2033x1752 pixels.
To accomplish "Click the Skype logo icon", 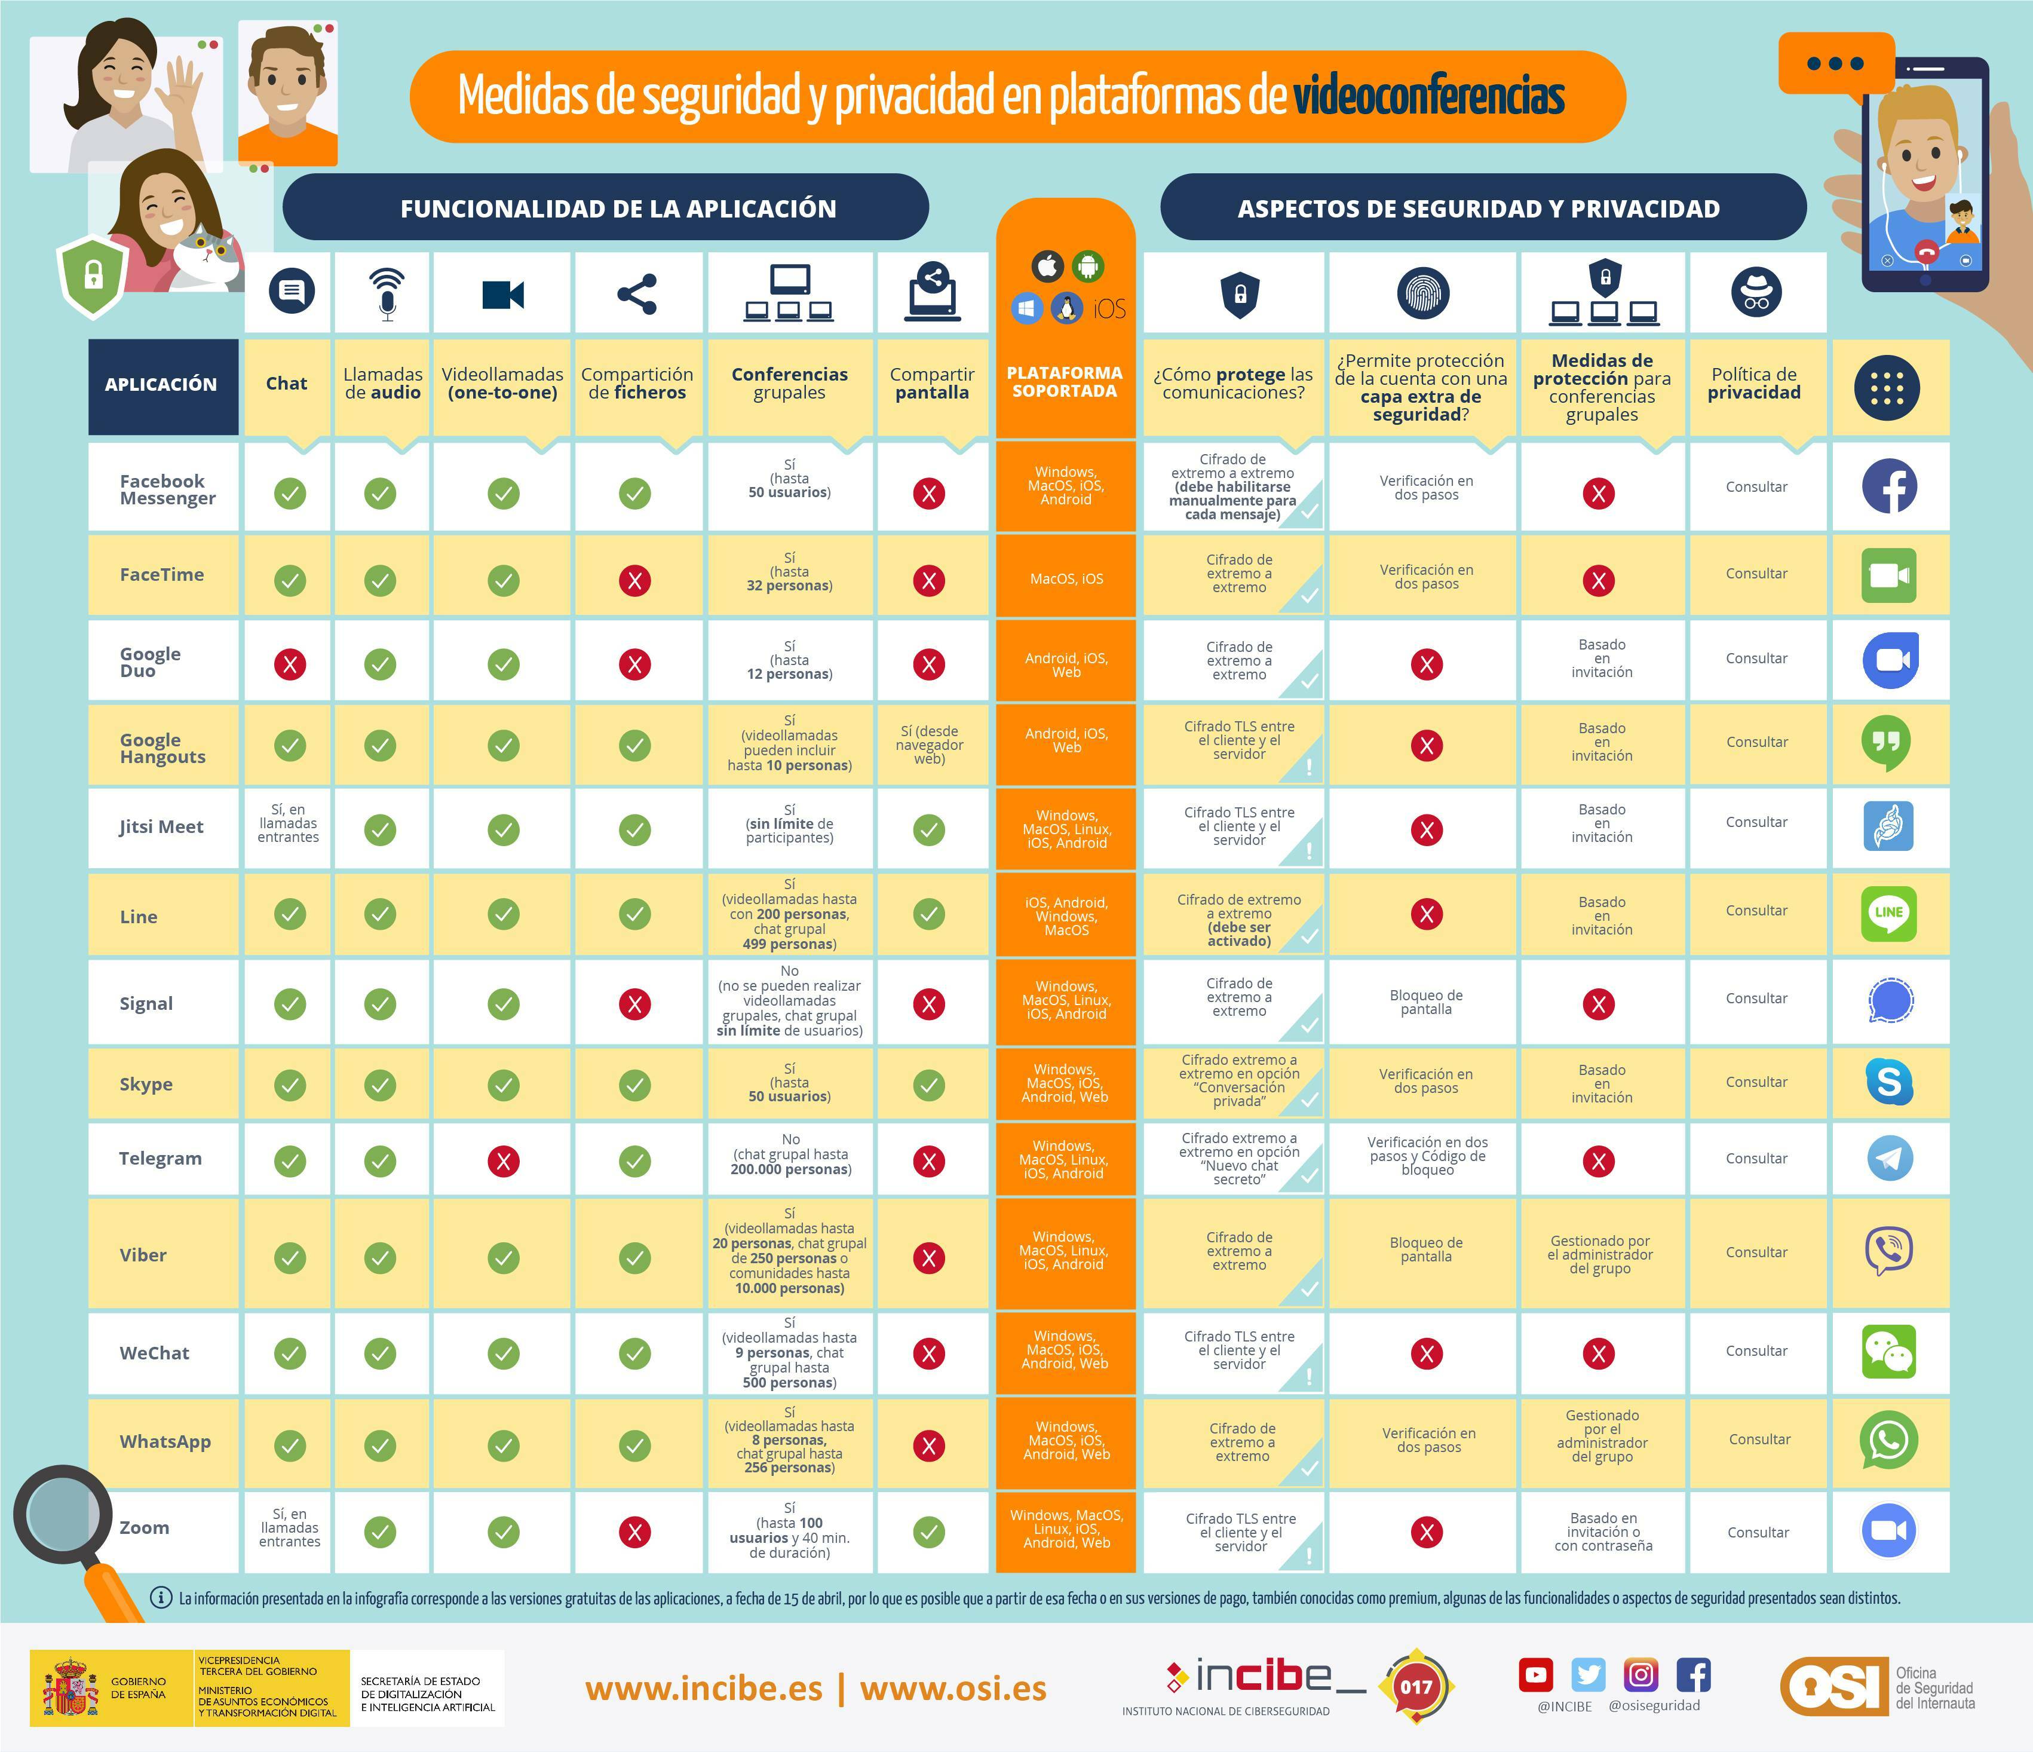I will [x=1889, y=1082].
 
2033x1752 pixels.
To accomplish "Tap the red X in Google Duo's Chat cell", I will [x=290, y=664].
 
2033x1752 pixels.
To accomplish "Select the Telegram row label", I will [x=160, y=1158].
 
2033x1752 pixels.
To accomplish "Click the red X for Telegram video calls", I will [x=504, y=1161].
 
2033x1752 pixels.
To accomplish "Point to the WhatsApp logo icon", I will [x=1889, y=1440].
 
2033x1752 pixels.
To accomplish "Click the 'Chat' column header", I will [x=287, y=384].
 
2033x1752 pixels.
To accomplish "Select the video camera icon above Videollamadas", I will [x=504, y=295].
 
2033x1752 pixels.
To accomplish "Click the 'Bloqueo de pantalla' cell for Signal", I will [x=1425, y=1002].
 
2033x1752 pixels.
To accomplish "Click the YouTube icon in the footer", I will [x=1535, y=1674].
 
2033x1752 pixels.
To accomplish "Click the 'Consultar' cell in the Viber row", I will [x=1756, y=1252].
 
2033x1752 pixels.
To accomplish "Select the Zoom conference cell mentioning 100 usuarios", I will [x=790, y=1531].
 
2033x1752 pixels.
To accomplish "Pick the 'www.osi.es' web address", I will [x=953, y=1688].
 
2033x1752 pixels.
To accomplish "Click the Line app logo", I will [x=1889, y=913].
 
